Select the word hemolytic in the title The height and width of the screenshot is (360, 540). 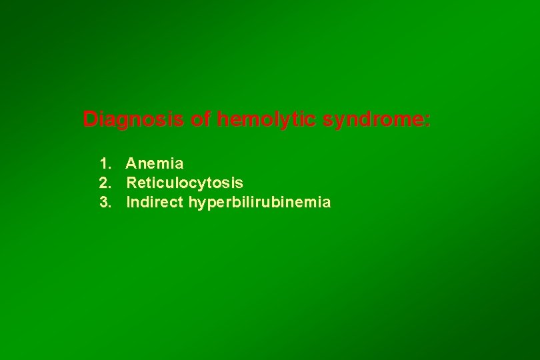point(267,120)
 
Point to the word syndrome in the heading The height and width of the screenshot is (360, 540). point(373,120)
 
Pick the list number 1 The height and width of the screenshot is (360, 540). point(104,163)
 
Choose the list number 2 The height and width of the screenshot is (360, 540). point(104,183)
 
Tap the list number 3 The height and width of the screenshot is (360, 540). point(104,202)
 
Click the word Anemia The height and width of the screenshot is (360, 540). point(155,163)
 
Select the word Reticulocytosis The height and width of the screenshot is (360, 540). point(185,183)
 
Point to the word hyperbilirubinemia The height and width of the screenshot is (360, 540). point(259,202)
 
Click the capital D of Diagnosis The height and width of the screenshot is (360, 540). point(90,120)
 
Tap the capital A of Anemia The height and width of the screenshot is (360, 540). point(131,163)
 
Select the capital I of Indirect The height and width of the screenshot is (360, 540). point(128,202)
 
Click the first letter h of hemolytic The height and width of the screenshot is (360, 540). point(223,120)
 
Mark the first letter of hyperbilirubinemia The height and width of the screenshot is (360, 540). point(193,202)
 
